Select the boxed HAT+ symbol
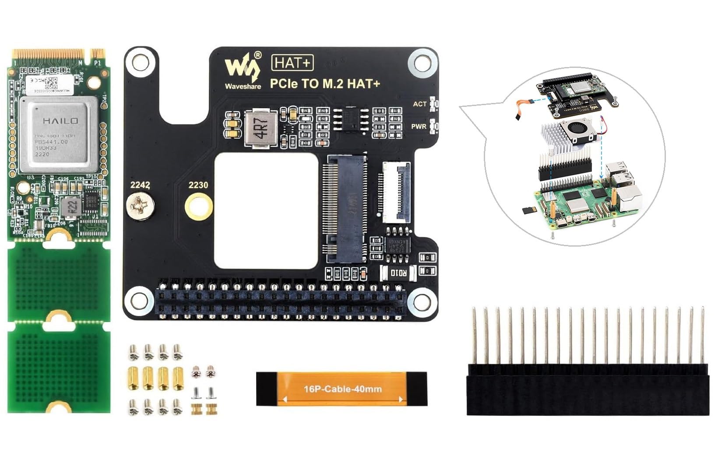click(292, 63)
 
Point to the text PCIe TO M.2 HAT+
click(324, 83)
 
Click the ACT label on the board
click(419, 104)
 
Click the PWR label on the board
click(419, 126)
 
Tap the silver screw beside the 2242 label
click(140, 205)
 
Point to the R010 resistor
click(399, 273)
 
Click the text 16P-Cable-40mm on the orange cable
click(342, 389)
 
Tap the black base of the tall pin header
click(588, 390)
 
